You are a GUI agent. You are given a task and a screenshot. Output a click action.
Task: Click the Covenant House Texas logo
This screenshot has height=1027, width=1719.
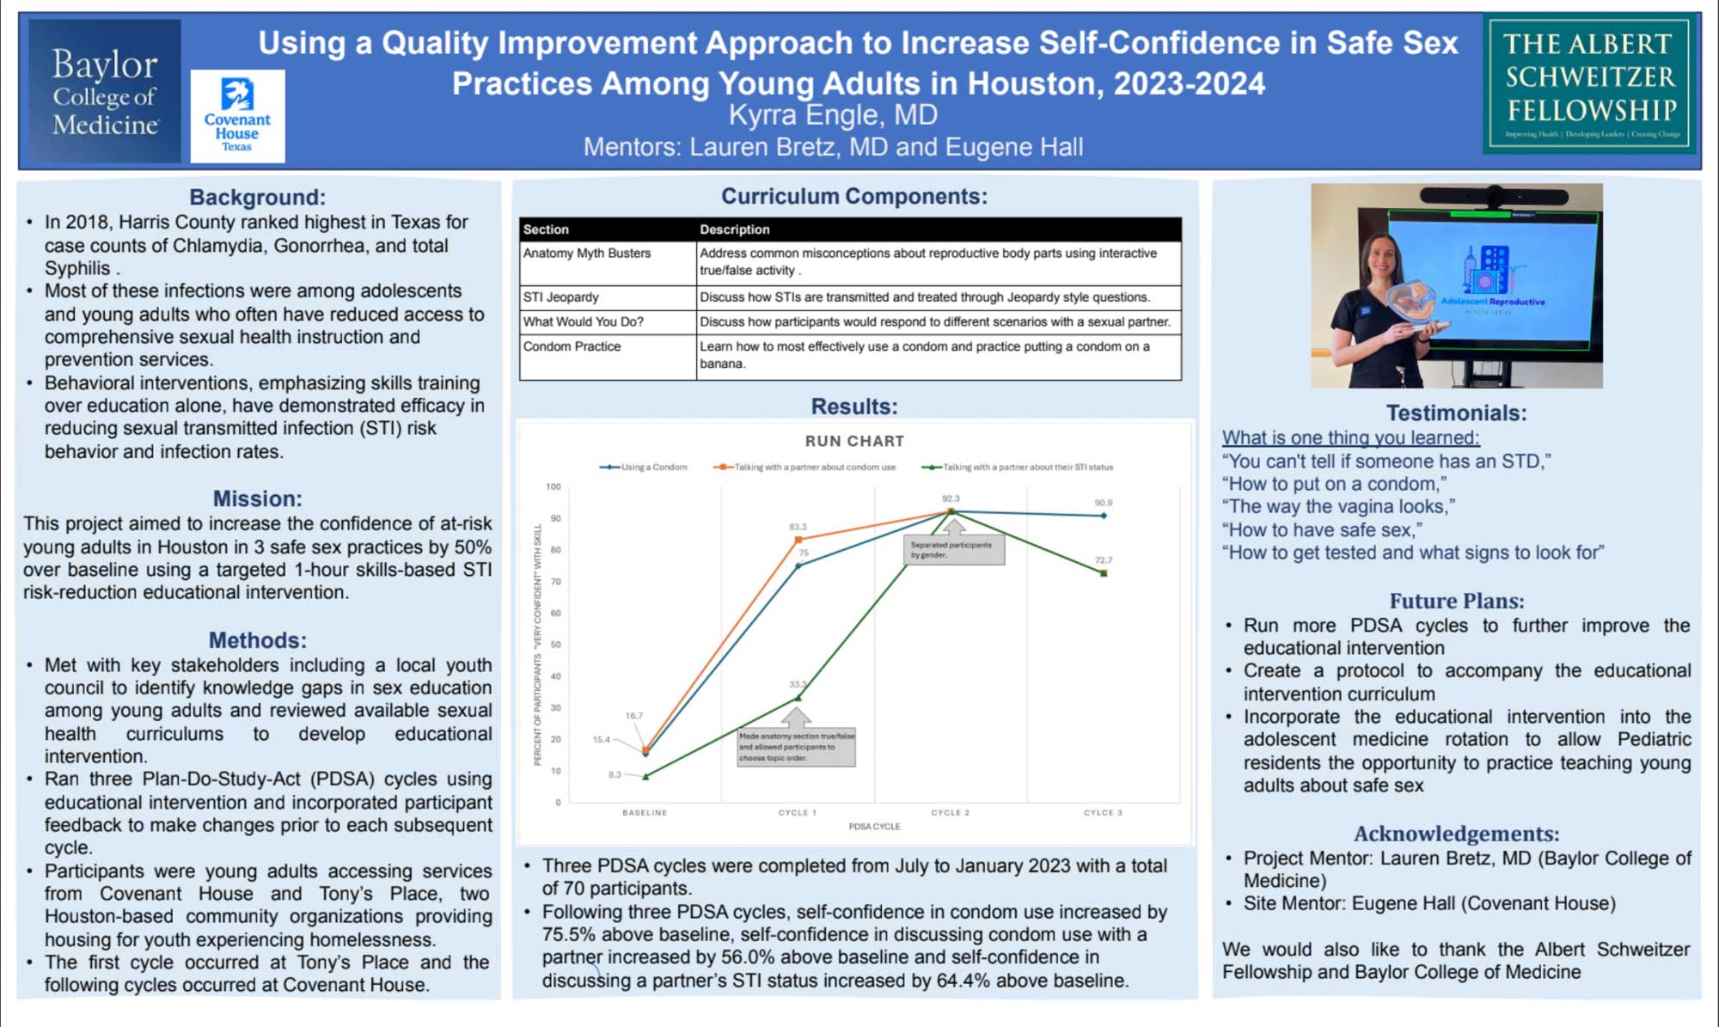click(237, 116)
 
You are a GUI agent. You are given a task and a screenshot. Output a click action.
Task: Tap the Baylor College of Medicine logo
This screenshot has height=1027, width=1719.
click(105, 91)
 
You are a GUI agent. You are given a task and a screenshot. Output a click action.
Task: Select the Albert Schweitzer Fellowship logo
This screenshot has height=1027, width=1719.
click(1590, 83)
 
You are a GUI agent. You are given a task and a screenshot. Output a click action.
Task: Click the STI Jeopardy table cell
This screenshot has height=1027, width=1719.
click(561, 297)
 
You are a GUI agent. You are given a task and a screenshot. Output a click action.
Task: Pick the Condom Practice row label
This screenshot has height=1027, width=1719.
click(572, 346)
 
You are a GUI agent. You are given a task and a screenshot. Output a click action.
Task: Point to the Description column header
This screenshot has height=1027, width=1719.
click(734, 229)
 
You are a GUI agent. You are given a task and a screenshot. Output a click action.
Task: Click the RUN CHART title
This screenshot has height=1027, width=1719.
click(854, 441)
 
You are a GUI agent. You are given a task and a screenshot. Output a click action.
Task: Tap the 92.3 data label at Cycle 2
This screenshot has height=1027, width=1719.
click(951, 498)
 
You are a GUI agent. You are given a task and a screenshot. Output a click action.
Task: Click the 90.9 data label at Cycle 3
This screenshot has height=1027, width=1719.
click(1104, 503)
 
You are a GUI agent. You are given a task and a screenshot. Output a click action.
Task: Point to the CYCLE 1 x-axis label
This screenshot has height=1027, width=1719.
click(798, 812)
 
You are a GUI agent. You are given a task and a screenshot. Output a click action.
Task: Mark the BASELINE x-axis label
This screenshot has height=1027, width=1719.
click(645, 812)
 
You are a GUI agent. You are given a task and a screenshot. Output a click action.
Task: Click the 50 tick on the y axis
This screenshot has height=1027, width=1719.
click(556, 645)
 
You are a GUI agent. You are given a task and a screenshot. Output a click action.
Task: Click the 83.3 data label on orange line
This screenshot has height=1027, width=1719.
click(798, 527)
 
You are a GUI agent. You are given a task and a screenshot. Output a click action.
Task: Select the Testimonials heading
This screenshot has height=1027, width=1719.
click(1456, 413)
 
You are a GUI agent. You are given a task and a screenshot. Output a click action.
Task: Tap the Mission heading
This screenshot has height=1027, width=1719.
click(257, 499)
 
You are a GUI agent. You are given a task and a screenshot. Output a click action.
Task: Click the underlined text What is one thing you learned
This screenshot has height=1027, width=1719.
click(1350, 438)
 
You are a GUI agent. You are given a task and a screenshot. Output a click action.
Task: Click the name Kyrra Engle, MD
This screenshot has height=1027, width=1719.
click(833, 115)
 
